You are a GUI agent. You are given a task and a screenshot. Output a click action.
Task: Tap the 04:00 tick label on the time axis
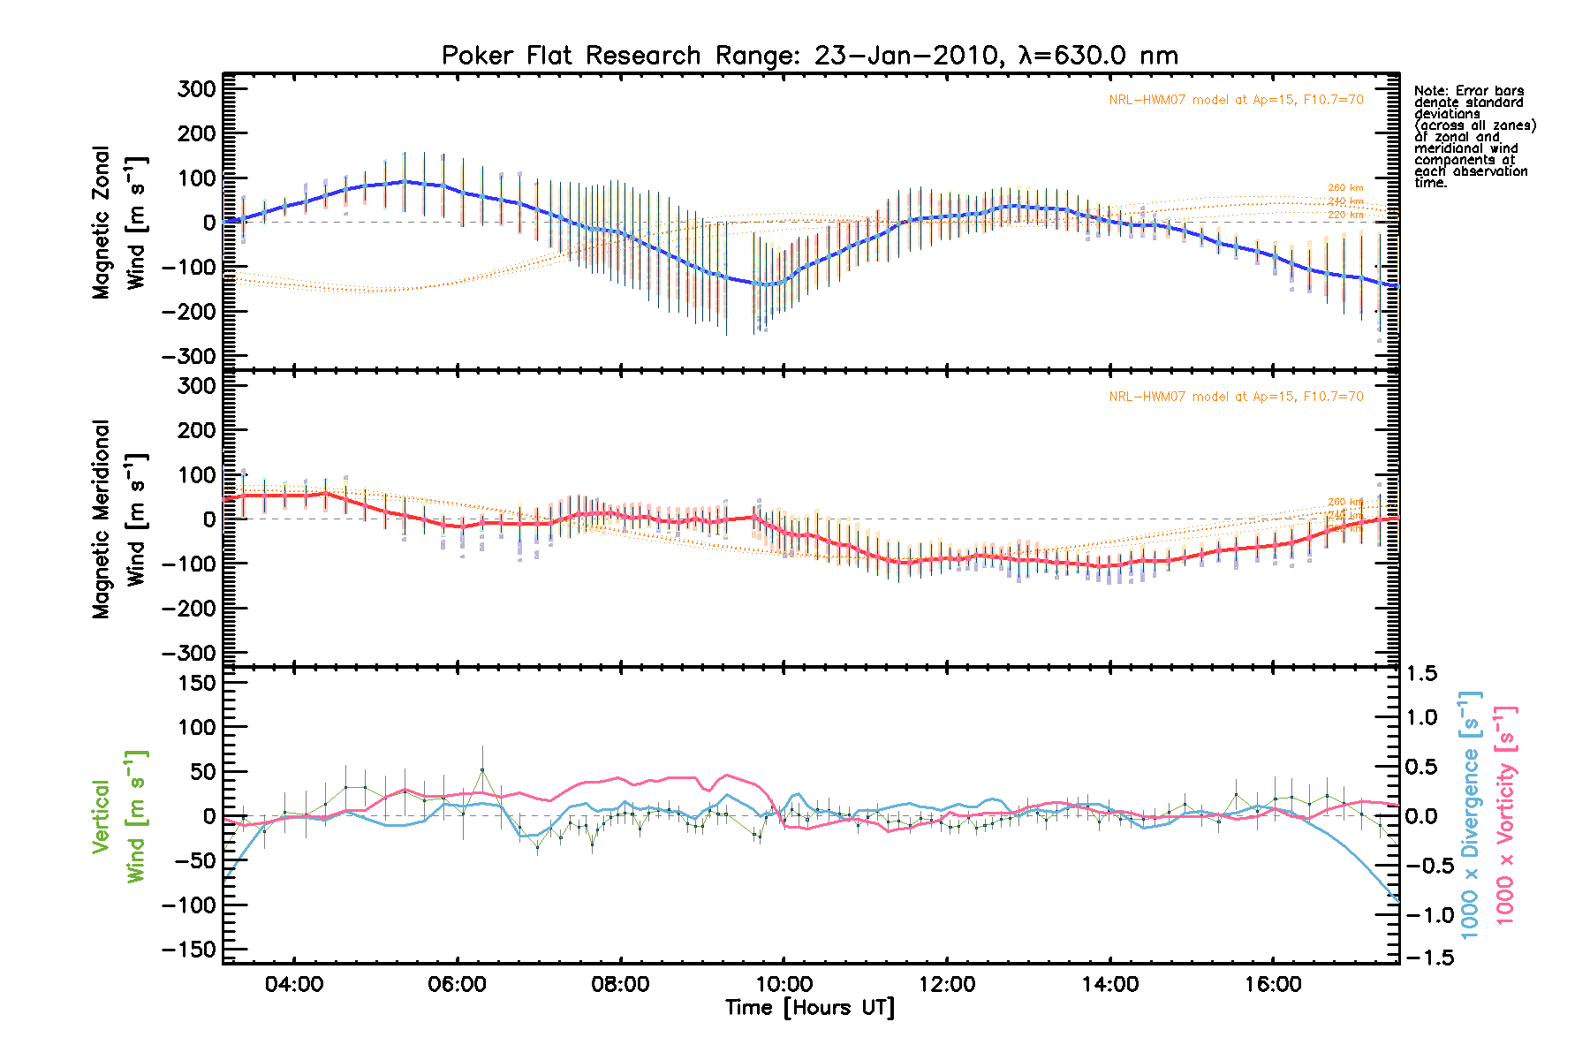[294, 985]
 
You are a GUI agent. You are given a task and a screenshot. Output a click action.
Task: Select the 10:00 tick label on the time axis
[784, 985]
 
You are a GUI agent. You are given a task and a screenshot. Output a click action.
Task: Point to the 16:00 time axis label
[1273, 985]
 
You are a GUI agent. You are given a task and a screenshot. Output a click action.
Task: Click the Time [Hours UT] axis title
[809, 1008]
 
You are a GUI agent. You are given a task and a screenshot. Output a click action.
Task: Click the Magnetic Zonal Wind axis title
[118, 223]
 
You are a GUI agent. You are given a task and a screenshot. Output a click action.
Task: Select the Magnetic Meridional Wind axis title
[118, 519]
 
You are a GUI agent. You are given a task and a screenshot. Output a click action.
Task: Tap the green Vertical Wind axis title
[118, 816]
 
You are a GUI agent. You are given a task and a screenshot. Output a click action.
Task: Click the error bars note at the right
[1473, 137]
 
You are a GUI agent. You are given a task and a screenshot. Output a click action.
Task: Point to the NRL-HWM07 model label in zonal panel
[1236, 101]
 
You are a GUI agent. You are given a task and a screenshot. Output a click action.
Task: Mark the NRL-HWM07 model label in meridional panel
[1236, 397]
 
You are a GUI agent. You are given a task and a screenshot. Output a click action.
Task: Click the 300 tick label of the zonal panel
[196, 89]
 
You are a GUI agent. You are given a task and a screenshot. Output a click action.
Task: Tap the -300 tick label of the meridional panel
[189, 654]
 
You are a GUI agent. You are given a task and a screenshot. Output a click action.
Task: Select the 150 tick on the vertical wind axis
[196, 683]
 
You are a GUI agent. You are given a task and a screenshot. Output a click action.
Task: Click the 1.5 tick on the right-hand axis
[1421, 674]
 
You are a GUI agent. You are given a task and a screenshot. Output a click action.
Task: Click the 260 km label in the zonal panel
[1345, 188]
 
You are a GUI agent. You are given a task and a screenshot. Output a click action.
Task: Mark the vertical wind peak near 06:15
[482, 769]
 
